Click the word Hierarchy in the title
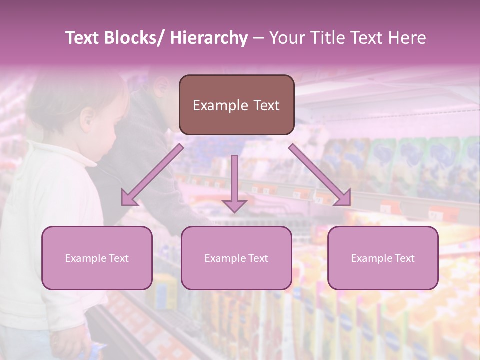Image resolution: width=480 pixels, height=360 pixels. point(209,38)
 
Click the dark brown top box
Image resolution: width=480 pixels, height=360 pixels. point(236,105)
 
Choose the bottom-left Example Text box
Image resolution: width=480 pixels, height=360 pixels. point(97,258)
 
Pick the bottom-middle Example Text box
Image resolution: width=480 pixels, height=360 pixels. point(236,258)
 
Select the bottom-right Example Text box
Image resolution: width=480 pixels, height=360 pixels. point(383,258)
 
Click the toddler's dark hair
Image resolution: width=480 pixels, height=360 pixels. point(65,95)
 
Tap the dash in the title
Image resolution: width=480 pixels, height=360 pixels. point(258,38)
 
